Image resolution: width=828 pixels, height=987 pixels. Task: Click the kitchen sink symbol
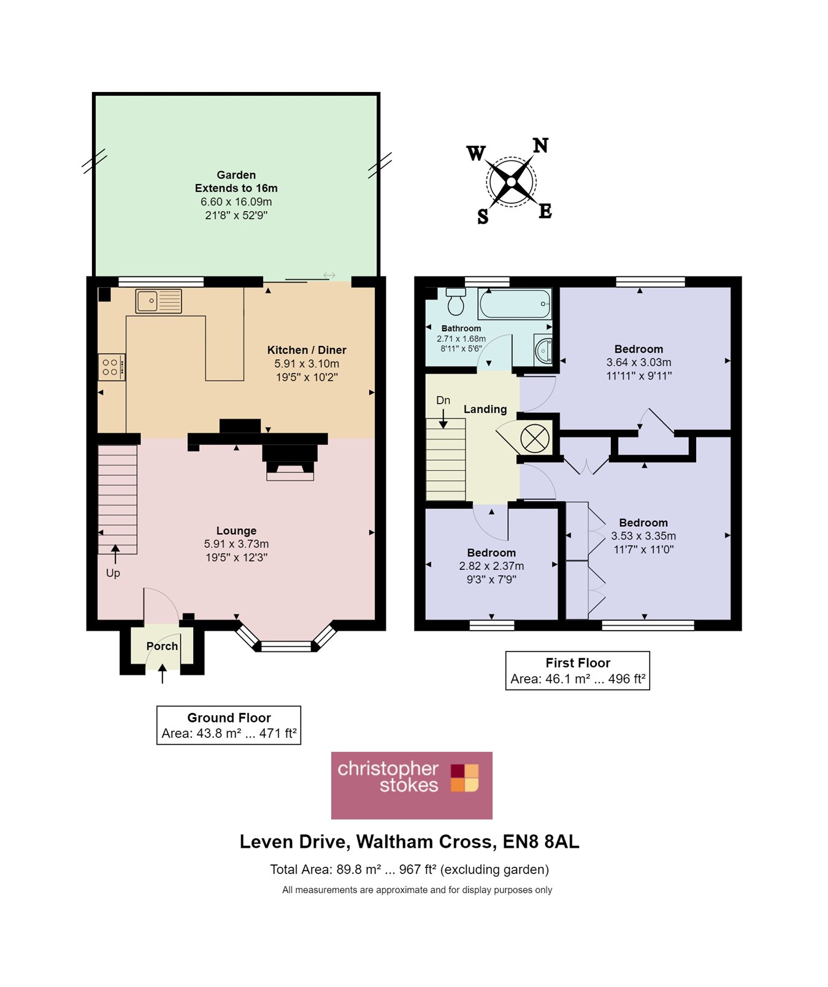[x=158, y=301]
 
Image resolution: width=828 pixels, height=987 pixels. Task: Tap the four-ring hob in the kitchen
[x=111, y=367]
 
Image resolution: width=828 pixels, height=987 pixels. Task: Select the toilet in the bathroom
[x=456, y=301]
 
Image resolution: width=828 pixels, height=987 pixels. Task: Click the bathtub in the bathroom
[x=514, y=304]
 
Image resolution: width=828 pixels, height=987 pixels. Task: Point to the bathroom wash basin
[x=543, y=350]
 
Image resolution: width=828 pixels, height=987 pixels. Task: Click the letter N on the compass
[x=540, y=145]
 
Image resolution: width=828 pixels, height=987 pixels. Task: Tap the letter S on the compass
[x=483, y=216]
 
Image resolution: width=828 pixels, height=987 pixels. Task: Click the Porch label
[x=162, y=646]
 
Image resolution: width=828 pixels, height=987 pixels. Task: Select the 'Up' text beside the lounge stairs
[x=113, y=573]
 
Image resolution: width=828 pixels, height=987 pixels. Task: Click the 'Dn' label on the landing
[x=443, y=401]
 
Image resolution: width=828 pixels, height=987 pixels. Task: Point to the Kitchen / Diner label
[x=307, y=350]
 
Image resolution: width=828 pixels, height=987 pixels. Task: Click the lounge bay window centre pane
[x=286, y=646]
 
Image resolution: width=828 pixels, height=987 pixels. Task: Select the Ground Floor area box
[x=229, y=725]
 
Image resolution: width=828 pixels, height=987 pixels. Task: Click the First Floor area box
[x=577, y=670]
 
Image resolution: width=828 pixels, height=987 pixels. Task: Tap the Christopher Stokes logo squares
[x=464, y=777]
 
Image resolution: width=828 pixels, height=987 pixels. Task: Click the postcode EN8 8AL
[x=540, y=842]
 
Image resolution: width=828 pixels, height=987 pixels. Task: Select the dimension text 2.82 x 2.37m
[x=491, y=566]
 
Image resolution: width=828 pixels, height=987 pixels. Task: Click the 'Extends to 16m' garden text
[x=236, y=188]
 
